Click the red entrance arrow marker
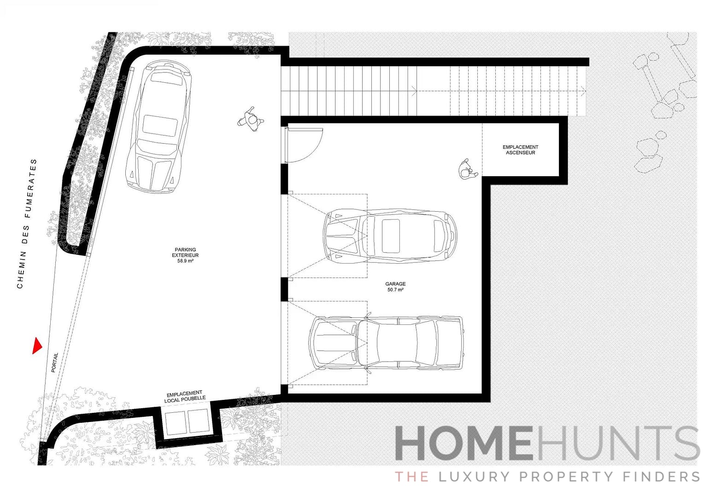tap(37, 346)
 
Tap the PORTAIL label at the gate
tap(55, 362)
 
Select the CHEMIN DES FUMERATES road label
tap(27, 224)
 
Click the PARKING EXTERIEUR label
tap(185, 252)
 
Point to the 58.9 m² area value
tap(185, 261)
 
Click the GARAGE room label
tap(396, 284)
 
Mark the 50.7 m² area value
tap(396, 290)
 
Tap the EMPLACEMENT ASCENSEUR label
tap(520, 150)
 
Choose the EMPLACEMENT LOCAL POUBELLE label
tap(185, 397)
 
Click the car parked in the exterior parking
tap(159, 127)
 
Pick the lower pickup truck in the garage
tap(386, 343)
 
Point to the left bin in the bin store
tap(175, 422)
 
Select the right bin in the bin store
tap(199, 422)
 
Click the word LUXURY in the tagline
tap(476, 476)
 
